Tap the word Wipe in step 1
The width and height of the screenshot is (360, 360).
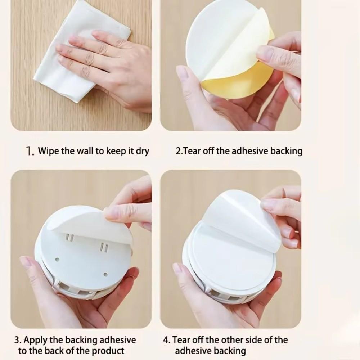click(x=46, y=150)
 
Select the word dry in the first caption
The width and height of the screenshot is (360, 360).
click(x=142, y=151)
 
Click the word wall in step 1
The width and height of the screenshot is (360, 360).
click(x=84, y=150)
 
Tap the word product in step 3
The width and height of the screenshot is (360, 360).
click(x=110, y=350)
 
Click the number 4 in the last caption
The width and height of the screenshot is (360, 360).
click(x=166, y=340)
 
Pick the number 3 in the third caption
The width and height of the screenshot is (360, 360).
click(x=17, y=340)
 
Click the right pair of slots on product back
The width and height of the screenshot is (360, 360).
click(x=103, y=247)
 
